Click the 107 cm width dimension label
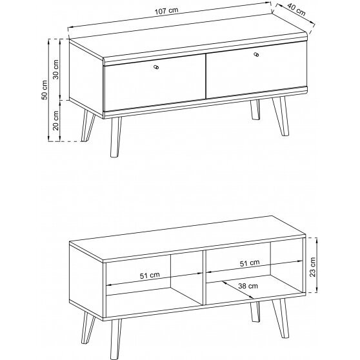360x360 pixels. (166, 11)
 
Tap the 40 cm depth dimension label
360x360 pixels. (296, 10)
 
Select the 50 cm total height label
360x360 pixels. (45, 90)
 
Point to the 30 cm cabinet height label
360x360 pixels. (55, 69)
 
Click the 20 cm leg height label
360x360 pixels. (55, 121)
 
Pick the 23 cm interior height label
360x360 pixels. (312, 267)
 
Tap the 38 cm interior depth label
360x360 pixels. (248, 286)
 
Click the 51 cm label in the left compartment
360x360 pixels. (150, 275)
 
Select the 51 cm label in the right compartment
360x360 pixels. (250, 263)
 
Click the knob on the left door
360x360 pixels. (156, 67)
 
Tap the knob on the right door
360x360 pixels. (256, 54)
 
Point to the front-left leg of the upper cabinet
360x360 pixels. (115, 137)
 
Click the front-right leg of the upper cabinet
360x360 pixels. (281, 116)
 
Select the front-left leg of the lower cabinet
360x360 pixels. (115, 339)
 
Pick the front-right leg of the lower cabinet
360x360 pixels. (281, 319)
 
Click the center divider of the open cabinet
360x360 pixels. (205, 278)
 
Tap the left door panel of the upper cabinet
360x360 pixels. (155, 83)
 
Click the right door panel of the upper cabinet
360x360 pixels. (257, 70)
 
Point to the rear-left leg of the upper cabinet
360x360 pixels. (88, 125)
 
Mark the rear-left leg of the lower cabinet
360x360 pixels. (88, 328)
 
